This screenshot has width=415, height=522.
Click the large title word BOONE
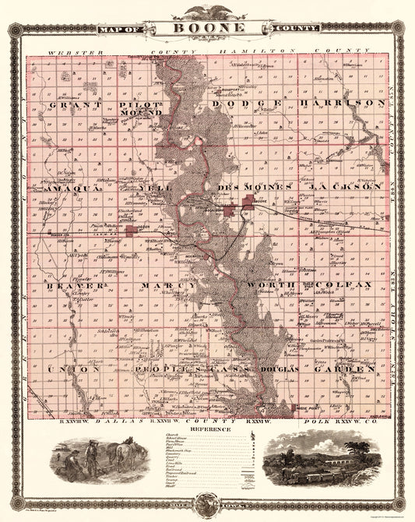click(206, 27)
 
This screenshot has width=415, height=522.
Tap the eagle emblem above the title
click(206, 12)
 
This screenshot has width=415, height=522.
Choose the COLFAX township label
click(347, 286)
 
